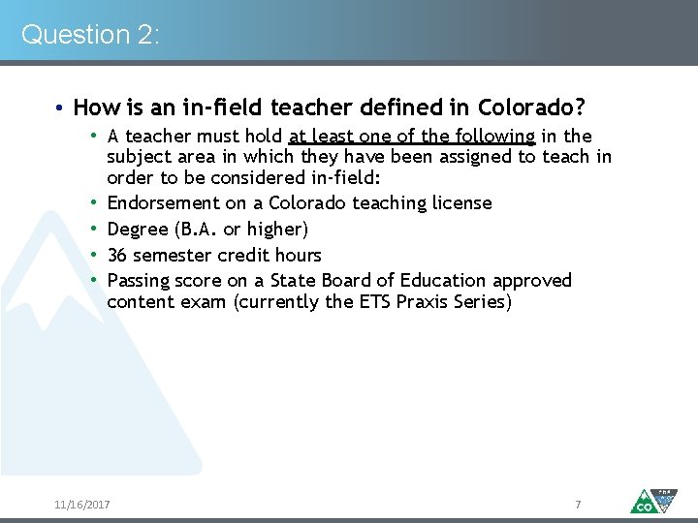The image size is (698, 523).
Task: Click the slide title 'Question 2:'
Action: pyautogui.click(x=90, y=35)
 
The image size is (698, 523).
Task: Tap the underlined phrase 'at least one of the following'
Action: pyautogui.click(x=411, y=137)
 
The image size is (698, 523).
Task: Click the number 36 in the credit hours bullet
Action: pyautogui.click(x=118, y=255)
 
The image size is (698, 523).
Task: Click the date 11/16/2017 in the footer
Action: pyautogui.click(x=82, y=505)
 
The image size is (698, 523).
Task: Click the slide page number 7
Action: pyautogui.click(x=578, y=505)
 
